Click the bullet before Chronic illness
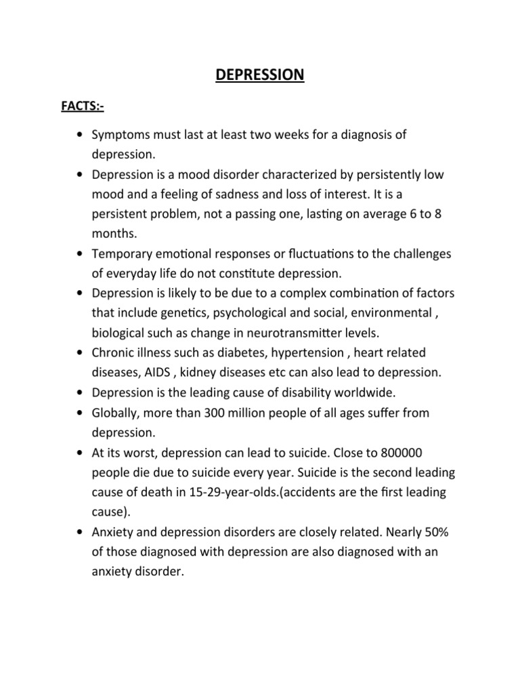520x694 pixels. pos(80,353)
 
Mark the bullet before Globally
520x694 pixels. pos(80,413)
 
